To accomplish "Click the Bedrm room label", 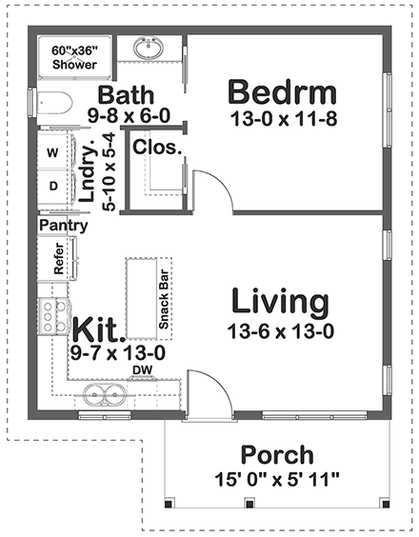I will (x=281, y=92).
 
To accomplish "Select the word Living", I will (x=281, y=303).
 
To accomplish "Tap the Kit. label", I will (x=99, y=328).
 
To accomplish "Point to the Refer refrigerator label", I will (x=59, y=259).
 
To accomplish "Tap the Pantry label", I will (x=65, y=226).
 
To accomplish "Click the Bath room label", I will (x=125, y=95).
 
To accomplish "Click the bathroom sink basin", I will (x=148, y=48).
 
